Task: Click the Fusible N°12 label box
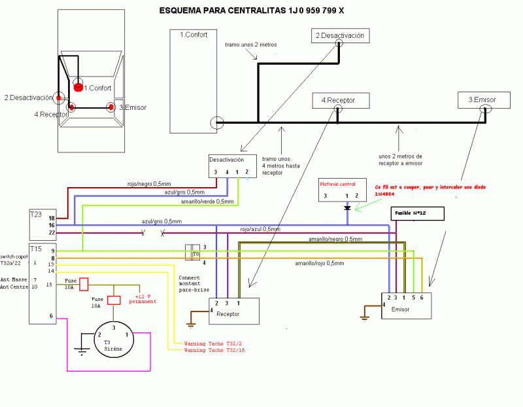(x=417, y=213)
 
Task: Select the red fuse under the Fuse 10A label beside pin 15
(x=84, y=286)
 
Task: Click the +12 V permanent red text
(x=144, y=298)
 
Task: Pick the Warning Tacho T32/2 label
(x=213, y=344)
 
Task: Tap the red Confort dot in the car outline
(x=78, y=87)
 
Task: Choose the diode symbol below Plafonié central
(x=347, y=208)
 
